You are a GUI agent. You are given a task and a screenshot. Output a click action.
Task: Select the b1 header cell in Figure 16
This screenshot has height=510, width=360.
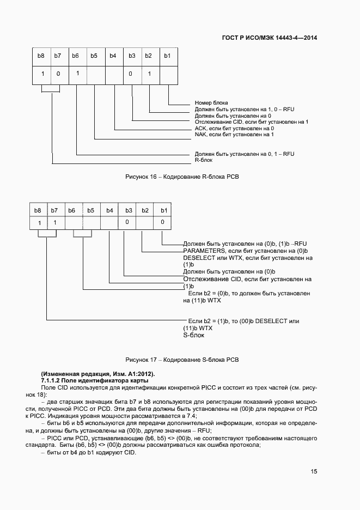tap(167, 56)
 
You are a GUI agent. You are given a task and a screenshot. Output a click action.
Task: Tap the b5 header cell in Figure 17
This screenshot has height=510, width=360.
tap(91, 210)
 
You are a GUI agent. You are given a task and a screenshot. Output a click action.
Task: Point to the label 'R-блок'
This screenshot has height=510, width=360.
tap(204, 160)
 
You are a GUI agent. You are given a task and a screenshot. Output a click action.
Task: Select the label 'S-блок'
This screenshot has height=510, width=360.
tap(193, 336)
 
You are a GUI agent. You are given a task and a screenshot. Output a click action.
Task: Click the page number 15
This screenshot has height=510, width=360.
tap(314, 472)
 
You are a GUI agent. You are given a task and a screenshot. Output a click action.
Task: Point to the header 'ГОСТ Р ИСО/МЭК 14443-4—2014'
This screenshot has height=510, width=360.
tap(270, 38)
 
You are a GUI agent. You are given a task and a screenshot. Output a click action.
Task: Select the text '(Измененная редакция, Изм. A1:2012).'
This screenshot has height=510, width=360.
tap(98, 373)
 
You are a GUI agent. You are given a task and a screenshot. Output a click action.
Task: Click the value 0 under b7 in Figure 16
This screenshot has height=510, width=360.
tap(58, 73)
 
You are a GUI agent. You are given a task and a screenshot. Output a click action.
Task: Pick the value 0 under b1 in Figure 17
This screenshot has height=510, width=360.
tap(162, 222)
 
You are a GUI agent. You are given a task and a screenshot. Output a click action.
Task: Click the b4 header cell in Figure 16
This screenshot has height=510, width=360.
tap(113, 56)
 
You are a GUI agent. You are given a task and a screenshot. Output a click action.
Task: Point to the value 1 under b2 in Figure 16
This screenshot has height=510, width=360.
tap(148, 73)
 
